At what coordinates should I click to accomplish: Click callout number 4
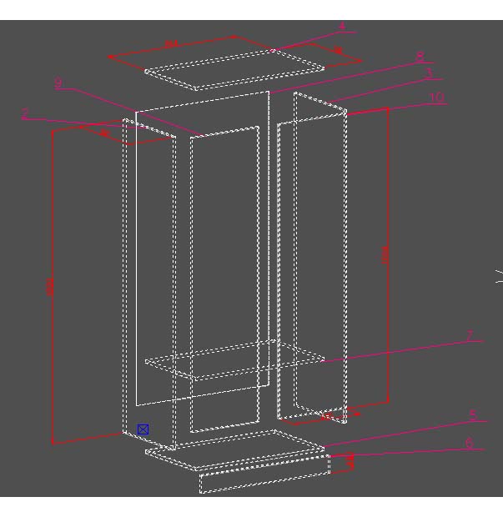coord(341,27)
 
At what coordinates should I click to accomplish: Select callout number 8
coord(420,57)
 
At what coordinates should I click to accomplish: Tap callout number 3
coord(429,73)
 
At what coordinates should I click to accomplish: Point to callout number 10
coord(435,98)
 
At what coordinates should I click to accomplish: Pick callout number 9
coord(58,83)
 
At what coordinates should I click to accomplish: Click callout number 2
coord(26,114)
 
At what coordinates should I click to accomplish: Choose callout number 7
coord(470,336)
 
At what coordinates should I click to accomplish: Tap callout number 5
coord(472,415)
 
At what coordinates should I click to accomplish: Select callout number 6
coord(469,444)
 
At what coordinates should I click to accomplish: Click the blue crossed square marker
coord(143,429)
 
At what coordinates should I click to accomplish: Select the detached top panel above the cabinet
coord(234,68)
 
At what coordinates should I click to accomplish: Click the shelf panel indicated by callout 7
coord(234,360)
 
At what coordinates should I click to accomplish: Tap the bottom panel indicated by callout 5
coord(234,449)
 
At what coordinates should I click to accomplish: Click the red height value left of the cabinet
coord(51,287)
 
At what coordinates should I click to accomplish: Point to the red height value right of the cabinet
coord(385,254)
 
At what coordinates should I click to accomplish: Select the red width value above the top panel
coord(171,45)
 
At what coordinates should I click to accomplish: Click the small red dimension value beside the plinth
coord(350,460)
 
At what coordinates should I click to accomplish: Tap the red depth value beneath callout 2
coord(105,133)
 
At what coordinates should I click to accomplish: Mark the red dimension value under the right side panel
coord(329,414)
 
